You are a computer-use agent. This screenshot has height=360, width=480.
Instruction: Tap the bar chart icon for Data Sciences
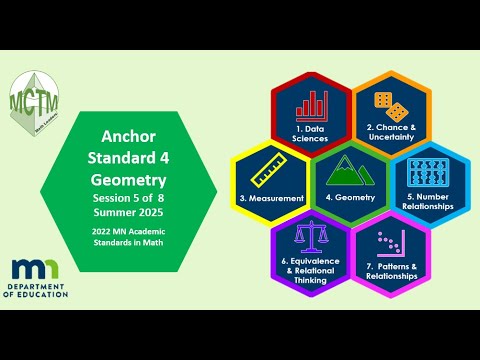tap(312, 105)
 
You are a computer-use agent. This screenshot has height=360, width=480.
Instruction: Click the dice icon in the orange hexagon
tap(389, 105)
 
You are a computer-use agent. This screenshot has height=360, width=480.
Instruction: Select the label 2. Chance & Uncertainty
tap(390, 133)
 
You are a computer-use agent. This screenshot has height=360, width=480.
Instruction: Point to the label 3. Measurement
tap(272, 198)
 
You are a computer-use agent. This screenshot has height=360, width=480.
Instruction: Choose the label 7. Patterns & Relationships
tap(389, 269)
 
